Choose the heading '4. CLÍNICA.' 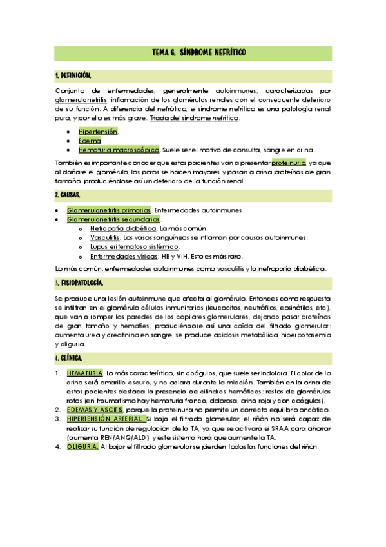coord(69,357)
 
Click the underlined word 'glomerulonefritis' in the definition coord(82,101)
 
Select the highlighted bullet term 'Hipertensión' coord(98,132)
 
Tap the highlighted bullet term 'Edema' coord(88,141)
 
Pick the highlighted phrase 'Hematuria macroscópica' coord(119,150)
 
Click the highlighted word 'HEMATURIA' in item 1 coord(84,373)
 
